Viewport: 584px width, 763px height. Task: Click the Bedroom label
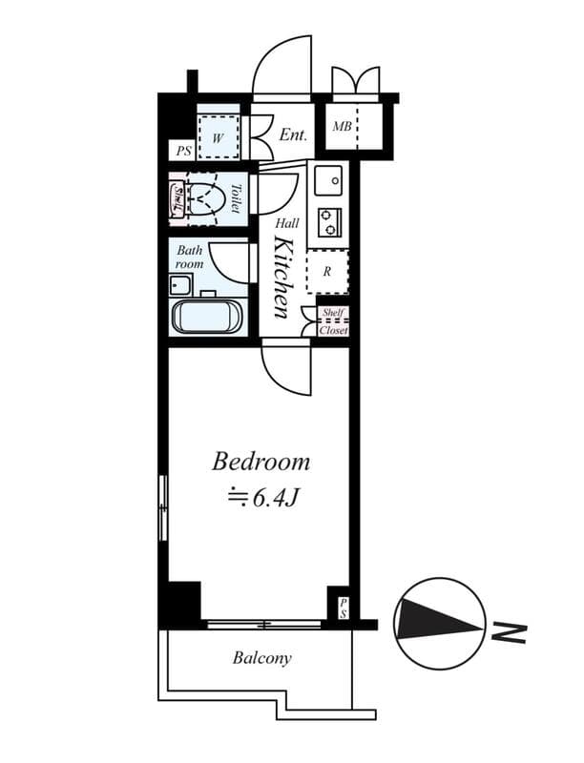261,463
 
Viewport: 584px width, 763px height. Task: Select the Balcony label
261,658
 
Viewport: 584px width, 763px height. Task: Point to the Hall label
287,223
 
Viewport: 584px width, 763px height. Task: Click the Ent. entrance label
293,135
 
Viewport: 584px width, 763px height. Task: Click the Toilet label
238,197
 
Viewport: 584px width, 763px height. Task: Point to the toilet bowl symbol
207,199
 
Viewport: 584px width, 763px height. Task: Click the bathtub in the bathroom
207,316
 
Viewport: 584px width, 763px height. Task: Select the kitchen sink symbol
327,178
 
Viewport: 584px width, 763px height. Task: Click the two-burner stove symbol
329,221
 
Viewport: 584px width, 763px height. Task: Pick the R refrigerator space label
327,271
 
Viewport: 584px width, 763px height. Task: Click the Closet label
333,331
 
